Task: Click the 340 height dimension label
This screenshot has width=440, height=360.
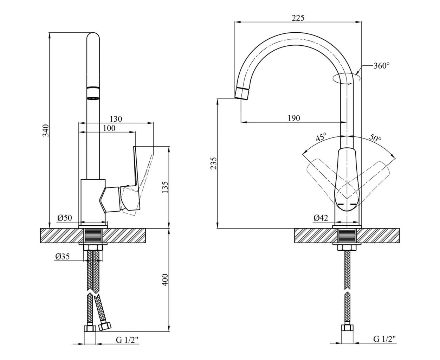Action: coord(46,130)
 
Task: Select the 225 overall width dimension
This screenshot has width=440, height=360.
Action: coord(298,18)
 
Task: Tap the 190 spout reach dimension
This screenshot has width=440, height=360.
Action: coord(294,118)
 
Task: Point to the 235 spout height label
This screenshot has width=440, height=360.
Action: coord(214,163)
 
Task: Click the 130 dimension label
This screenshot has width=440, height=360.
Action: coord(116,119)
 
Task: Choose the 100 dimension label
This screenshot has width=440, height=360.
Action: coord(109,128)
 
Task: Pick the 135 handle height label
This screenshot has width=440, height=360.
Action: coord(165,187)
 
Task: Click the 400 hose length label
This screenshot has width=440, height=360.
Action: coord(165,280)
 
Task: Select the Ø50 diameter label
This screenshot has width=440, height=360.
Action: coord(65,218)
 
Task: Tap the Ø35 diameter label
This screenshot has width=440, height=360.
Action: coord(63,257)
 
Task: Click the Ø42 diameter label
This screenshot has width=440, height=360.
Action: coord(321,218)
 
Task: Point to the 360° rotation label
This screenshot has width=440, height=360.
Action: coord(382,66)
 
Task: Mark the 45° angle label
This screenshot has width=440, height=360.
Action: coord(321,137)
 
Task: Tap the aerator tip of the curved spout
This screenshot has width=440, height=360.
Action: coord(242,93)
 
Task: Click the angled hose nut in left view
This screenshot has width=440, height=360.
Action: coord(104,326)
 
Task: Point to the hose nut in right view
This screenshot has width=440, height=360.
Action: coord(347,327)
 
